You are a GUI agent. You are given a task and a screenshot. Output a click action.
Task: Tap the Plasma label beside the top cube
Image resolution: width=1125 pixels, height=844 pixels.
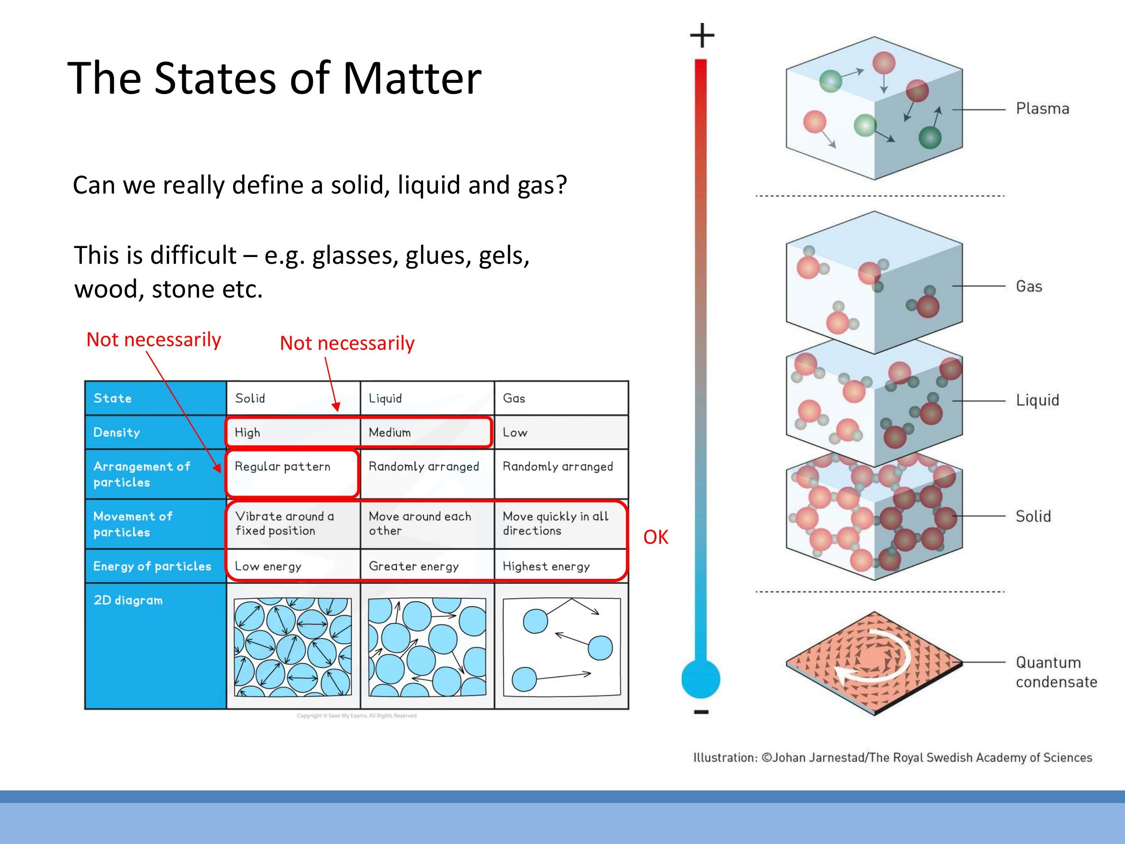[x=1042, y=109]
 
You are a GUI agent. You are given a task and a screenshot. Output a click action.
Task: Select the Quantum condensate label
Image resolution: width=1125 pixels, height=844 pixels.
[x=1056, y=672]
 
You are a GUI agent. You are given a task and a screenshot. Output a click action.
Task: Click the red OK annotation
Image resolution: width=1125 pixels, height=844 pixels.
[x=655, y=537]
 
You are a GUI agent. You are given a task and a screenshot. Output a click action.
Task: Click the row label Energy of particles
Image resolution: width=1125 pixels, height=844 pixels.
[x=152, y=566]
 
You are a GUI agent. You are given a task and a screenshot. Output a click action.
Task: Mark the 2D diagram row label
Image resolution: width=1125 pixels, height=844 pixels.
[x=128, y=600]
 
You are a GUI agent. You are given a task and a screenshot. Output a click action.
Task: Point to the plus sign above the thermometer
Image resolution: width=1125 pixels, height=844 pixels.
[x=702, y=35]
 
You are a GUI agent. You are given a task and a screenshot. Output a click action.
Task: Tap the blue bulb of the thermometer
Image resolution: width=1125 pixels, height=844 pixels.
[x=700, y=679]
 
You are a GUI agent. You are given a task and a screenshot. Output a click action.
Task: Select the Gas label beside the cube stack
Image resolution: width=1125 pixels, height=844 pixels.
[x=1029, y=286]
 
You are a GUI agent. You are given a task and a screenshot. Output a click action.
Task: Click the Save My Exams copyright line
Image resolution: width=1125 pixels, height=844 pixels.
[x=356, y=716]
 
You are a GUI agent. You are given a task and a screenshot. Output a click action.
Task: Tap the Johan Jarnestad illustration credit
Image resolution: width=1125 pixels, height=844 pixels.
[x=892, y=758]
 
